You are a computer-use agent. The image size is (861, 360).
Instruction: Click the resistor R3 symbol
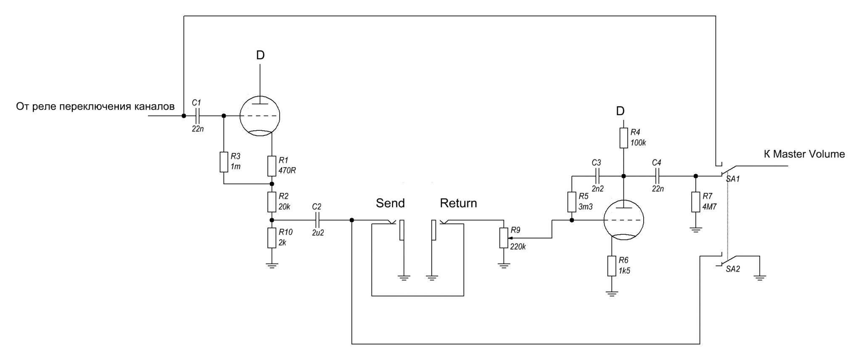tap(224, 162)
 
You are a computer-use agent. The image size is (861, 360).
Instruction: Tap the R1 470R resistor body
tap(272, 166)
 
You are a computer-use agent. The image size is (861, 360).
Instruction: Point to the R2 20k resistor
tap(272, 202)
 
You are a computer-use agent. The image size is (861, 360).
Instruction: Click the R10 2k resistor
tap(272, 238)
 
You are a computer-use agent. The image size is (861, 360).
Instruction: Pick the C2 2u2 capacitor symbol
tap(318, 220)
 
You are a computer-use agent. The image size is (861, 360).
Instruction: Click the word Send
tap(390, 203)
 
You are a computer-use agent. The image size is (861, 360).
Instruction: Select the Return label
tap(458, 203)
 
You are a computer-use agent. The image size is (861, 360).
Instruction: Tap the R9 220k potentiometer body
tap(504, 238)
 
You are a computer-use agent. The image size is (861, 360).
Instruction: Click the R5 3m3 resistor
tap(571, 202)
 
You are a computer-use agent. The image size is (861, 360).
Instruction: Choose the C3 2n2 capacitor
tap(597, 176)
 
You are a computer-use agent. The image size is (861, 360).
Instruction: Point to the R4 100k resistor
tap(623, 138)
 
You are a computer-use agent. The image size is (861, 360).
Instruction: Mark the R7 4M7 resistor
tap(696, 202)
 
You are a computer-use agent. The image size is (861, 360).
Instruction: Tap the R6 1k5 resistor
tap(612, 266)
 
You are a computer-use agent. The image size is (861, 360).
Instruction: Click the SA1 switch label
tap(733, 179)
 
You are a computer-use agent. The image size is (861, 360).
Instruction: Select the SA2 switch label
tap(733, 269)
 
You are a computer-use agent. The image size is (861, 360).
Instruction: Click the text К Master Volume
tap(804, 154)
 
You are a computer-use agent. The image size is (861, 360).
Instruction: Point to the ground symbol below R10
tap(272, 265)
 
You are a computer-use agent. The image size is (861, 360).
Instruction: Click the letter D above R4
tap(620, 111)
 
